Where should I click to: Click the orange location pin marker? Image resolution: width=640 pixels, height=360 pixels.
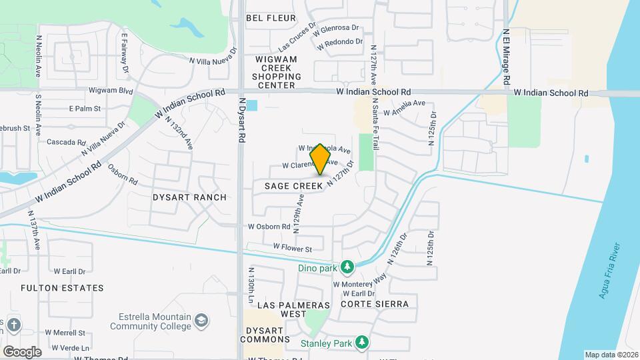[321, 159]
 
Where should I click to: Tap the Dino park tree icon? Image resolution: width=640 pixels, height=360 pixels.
[347, 267]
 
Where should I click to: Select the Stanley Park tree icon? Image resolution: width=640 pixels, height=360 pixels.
[361, 343]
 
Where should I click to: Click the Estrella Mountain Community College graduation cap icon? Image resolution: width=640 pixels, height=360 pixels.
[201, 322]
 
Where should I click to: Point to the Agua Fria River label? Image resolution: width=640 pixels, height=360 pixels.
[610, 272]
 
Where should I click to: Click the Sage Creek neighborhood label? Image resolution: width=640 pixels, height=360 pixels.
[293, 185]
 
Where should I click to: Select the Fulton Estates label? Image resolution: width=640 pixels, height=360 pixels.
[62, 288]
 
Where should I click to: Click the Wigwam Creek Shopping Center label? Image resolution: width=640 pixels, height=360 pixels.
[275, 72]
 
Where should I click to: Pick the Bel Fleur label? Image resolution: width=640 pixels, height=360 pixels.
[271, 18]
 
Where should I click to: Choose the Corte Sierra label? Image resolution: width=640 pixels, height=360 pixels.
[374, 304]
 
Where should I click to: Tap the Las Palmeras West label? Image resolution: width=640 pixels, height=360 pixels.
[293, 309]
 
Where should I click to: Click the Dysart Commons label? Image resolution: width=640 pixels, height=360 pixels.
[267, 335]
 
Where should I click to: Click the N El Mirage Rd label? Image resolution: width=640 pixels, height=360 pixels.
[507, 55]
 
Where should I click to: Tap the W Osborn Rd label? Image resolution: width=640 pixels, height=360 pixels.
[269, 227]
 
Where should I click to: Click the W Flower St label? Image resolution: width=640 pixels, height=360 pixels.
[292, 249]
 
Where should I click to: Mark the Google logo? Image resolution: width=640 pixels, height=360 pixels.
[22, 351]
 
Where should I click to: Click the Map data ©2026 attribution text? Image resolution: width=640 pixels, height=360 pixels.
[611, 355]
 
